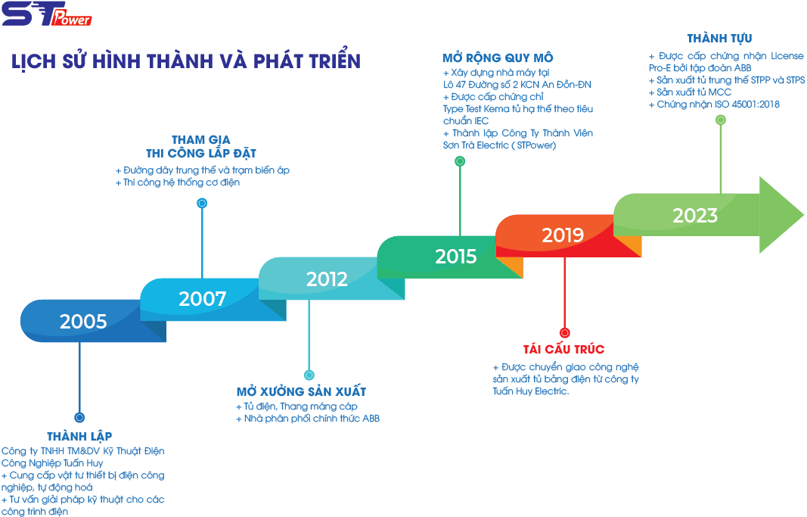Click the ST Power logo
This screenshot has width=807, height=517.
pyautogui.click(x=47, y=14)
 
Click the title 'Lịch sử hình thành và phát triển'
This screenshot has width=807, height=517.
pyautogui.click(x=186, y=61)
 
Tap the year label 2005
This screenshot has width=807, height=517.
pyautogui.click(x=83, y=322)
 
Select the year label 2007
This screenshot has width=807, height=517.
pyautogui.click(x=203, y=299)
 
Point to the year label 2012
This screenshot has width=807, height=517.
pyautogui.click(x=327, y=279)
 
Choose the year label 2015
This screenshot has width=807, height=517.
pyautogui.click(x=456, y=257)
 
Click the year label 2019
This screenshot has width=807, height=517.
pyautogui.click(x=563, y=235)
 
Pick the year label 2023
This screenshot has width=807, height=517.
pyautogui.click(x=695, y=216)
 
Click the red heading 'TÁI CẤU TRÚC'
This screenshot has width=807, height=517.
pyautogui.click(x=563, y=349)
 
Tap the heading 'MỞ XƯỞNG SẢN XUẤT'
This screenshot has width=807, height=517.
pyautogui.click(x=301, y=391)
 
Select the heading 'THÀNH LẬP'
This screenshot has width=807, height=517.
pyautogui.click(x=79, y=437)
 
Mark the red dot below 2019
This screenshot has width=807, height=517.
pyautogui.click(x=564, y=333)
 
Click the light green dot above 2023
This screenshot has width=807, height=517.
pyautogui.click(x=721, y=120)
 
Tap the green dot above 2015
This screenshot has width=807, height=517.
pyautogui.click(x=460, y=161)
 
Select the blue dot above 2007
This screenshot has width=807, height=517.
pyautogui.click(x=202, y=203)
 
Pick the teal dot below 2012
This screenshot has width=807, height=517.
pyautogui.click(x=309, y=375)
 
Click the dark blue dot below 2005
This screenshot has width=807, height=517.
pyautogui.click(x=79, y=418)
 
